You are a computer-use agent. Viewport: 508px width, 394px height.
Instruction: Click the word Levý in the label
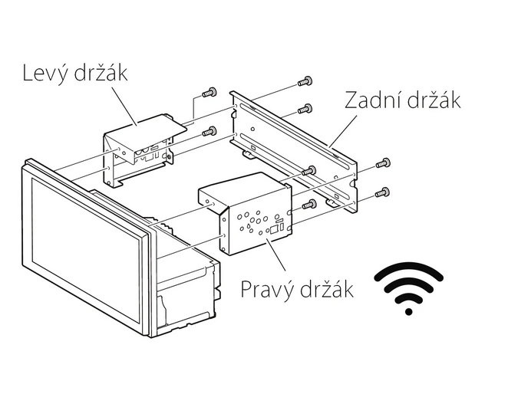pos(45,73)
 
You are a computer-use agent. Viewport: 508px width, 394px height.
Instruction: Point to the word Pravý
pos(269,290)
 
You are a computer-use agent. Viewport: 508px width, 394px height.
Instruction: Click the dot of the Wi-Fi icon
pos(409,312)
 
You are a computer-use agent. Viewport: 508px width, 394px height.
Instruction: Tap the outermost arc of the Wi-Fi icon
pos(409,271)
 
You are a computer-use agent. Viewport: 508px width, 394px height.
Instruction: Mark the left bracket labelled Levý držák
pos(143,149)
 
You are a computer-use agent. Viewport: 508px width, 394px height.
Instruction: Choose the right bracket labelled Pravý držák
pos(246,213)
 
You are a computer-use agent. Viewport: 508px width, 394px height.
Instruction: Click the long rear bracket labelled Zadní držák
pos(293,151)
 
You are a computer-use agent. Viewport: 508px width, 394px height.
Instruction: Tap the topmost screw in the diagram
pos(305,81)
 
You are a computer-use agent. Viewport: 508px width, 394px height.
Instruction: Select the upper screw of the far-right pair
pos(383,163)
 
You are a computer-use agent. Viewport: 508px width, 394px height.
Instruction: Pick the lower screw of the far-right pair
pos(382,192)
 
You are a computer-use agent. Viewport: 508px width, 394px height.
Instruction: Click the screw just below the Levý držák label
pos(209,93)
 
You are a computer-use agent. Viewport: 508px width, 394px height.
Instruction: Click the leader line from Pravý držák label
pos(275,254)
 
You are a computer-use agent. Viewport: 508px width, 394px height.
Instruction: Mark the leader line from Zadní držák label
pos(344,130)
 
